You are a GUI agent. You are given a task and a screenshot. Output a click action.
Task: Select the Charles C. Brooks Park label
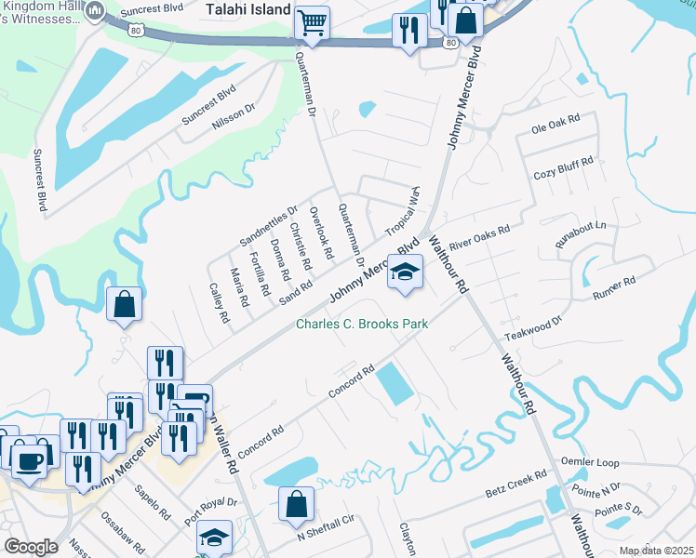362,325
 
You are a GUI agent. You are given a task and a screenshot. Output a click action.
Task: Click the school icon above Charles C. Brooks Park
405,272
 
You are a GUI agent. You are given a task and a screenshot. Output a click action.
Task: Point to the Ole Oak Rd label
555,122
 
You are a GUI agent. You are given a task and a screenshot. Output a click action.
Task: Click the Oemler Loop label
590,462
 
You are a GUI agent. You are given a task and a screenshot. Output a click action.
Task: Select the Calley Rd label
219,301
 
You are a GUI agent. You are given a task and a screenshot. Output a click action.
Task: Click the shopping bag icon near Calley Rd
125,304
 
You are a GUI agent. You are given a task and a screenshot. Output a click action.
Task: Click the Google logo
31,547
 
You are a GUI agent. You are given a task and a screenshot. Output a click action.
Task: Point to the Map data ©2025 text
655,551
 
